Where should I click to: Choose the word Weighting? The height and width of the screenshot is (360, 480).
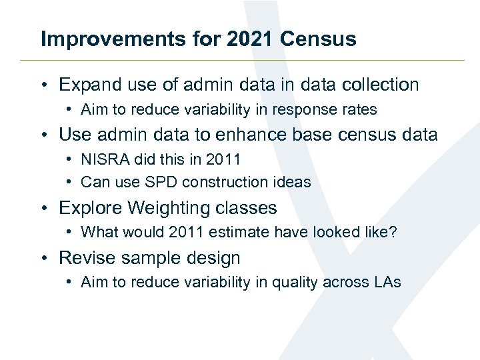pos(169,208)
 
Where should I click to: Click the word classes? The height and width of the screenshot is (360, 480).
pos(246,208)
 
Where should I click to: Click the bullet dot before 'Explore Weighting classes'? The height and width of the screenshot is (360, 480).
pos(44,209)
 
